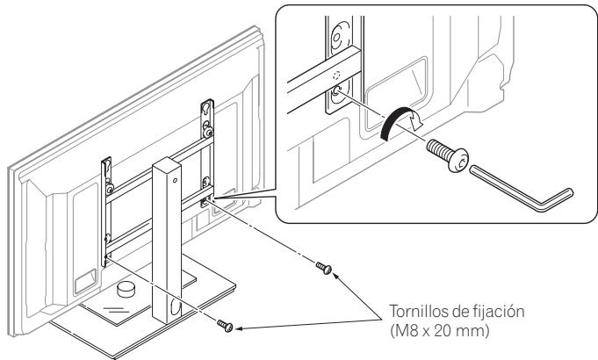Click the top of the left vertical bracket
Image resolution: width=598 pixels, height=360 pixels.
pyautogui.click(x=105, y=163)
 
